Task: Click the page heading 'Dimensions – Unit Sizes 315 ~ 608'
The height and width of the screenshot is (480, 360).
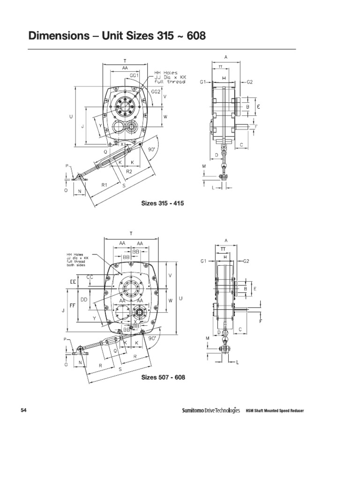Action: (117, 36)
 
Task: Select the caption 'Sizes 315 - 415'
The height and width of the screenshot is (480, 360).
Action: (163, 203)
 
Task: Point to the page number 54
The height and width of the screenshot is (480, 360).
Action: (24, 411)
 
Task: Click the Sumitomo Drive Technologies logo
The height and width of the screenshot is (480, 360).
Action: (210, 411)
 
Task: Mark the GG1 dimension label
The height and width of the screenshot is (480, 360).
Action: (135, 75)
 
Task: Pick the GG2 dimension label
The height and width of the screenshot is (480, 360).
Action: (155, 92)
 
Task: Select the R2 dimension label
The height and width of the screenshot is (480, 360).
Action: (129, 172)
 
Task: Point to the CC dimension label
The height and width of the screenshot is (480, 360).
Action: (90, 277)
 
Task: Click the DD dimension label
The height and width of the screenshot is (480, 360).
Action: (84, 299)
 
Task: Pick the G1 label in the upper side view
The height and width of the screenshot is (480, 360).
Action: (202, 82)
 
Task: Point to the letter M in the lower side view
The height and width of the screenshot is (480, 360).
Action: (207, 338)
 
